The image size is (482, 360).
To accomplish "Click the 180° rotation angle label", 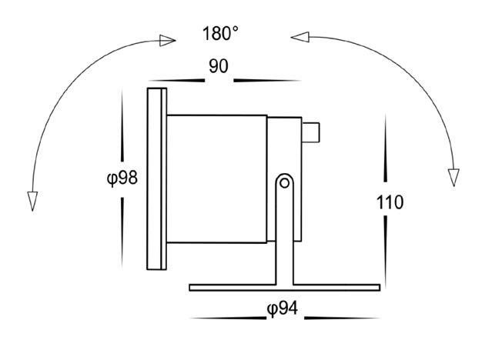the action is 220,34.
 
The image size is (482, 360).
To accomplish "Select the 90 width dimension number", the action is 219,66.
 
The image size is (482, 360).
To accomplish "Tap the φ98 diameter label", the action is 122,178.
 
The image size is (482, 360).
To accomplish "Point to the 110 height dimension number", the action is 390,202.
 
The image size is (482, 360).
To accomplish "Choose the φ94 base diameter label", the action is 283,308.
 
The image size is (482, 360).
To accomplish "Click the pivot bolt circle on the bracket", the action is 285,183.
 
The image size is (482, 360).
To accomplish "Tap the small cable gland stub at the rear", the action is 310,133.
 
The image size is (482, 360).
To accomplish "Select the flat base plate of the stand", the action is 285,288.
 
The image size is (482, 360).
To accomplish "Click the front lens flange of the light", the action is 157,178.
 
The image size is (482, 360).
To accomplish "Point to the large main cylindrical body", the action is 216,179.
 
